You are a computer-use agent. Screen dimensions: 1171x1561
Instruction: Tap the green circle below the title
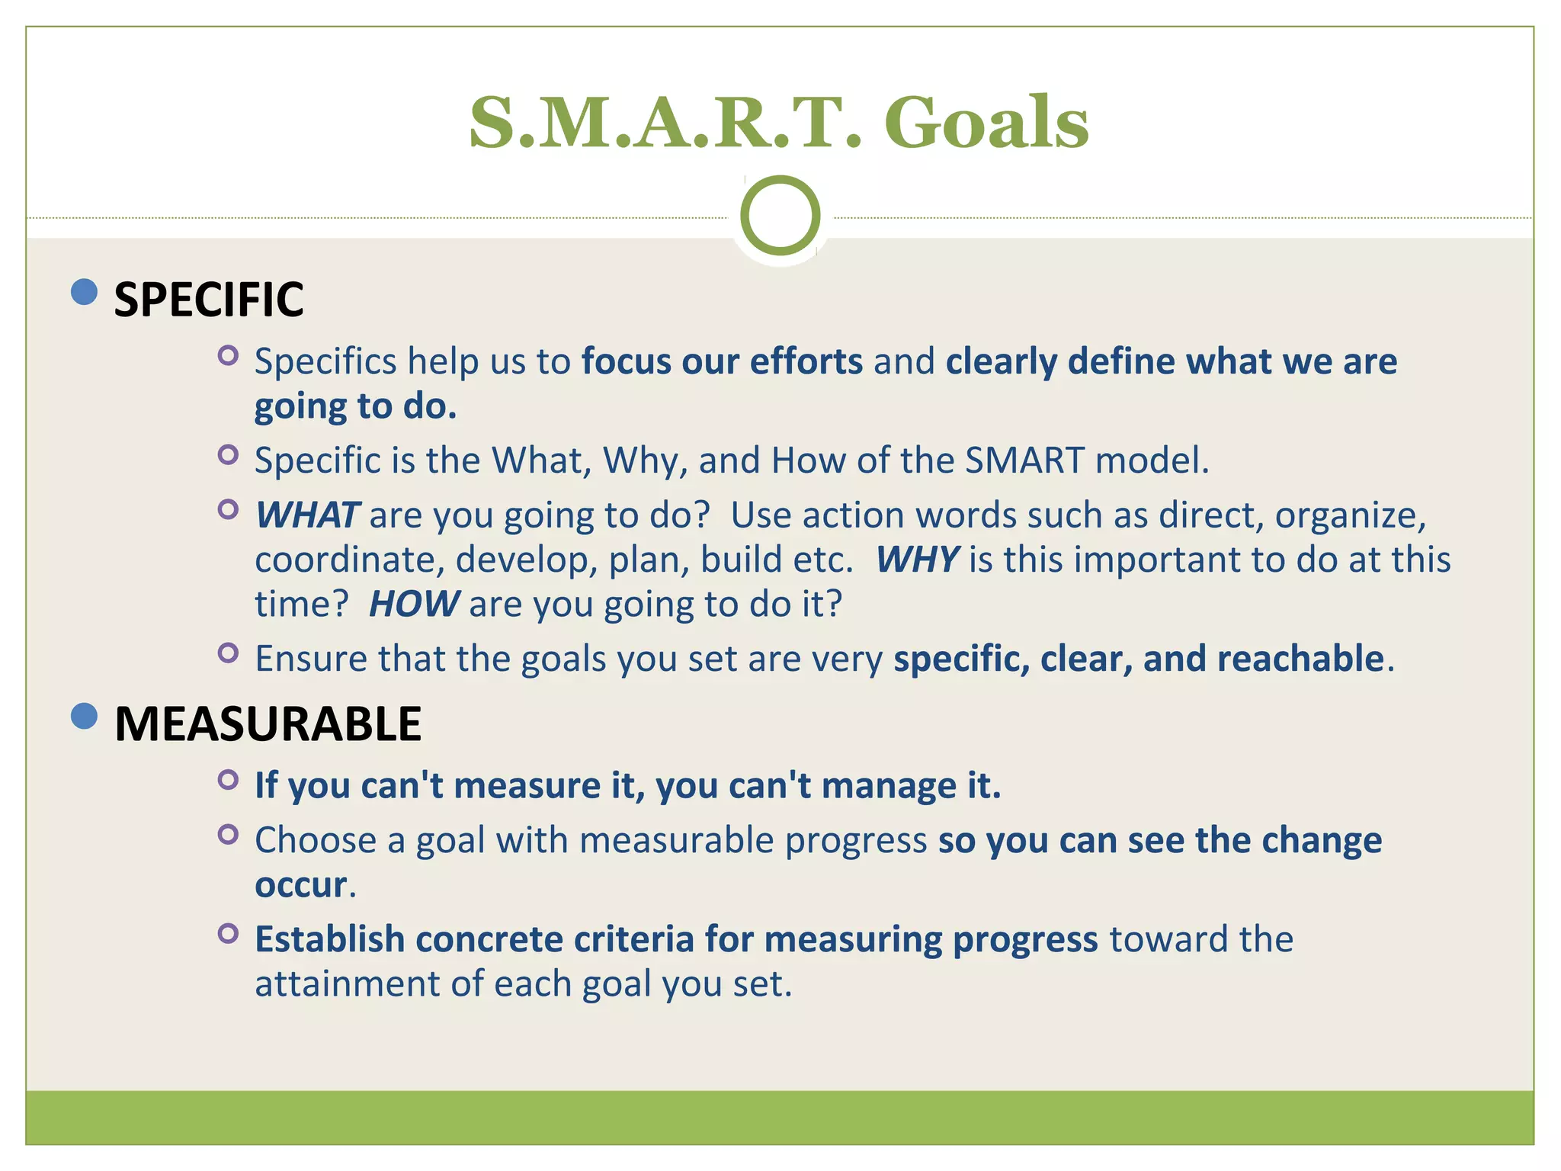point(780,216)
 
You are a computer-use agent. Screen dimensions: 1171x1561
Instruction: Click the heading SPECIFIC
point(208,300)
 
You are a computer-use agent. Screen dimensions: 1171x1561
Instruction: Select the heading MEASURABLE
point(268,723)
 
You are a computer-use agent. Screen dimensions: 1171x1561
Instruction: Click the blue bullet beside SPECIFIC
point(84,291)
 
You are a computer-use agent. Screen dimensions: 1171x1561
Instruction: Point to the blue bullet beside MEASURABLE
point(84,716)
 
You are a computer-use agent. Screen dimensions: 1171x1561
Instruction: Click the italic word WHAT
point(307,515)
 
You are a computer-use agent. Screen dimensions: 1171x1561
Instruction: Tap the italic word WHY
point(917,560)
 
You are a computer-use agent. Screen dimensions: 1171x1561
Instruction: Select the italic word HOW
point(414,605)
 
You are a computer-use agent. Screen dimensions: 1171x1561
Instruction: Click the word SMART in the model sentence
point(1024,460)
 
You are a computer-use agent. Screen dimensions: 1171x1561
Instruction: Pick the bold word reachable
point(1300,659)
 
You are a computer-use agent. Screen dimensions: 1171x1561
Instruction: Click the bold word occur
point(301,885)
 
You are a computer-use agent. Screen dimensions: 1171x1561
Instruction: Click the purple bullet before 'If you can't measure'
point(228,779)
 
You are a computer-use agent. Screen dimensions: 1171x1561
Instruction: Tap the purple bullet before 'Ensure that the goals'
point(228,653)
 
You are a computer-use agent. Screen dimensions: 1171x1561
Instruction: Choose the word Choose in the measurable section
point(316,841)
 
